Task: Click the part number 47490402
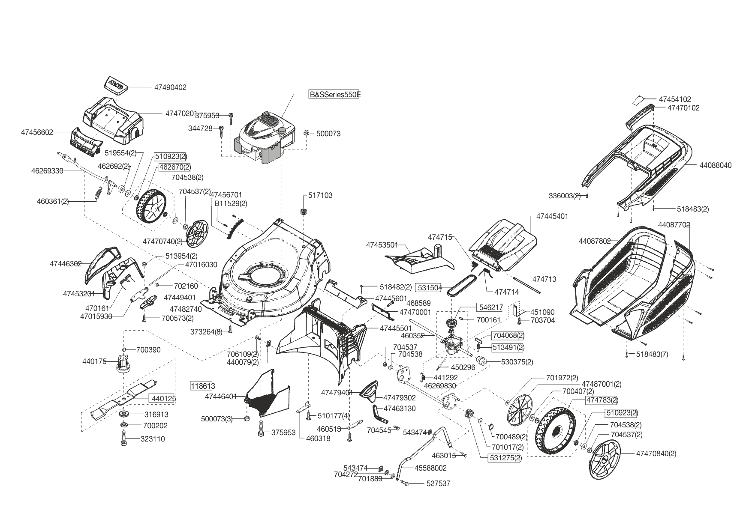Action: coord(170,87)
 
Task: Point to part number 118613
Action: coord(203,386)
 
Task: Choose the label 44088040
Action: coord(716,165)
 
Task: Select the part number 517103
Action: coord(320,195)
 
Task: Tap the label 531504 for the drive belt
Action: coord(429,288)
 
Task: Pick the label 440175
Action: coord(94,361)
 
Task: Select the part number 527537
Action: coord(438,483)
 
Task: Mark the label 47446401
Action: coord(221,397)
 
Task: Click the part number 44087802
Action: coord(595,242)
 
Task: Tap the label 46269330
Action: coord(47,171)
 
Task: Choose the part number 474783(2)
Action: coord(602,400)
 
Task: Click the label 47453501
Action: coord(382,245)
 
